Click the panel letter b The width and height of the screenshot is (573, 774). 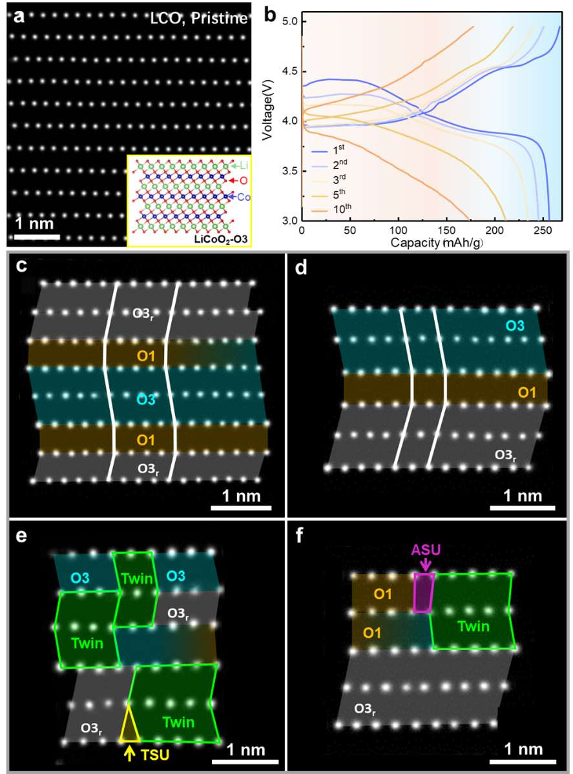270,15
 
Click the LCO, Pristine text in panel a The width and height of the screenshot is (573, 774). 198,18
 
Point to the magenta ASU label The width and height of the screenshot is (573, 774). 426,549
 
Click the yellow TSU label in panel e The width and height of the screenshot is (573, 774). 155,755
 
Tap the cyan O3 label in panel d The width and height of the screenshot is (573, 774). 514,326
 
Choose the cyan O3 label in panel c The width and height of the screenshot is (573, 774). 146,400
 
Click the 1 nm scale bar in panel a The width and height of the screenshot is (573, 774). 37,238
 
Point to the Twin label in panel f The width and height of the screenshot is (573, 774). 474,626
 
